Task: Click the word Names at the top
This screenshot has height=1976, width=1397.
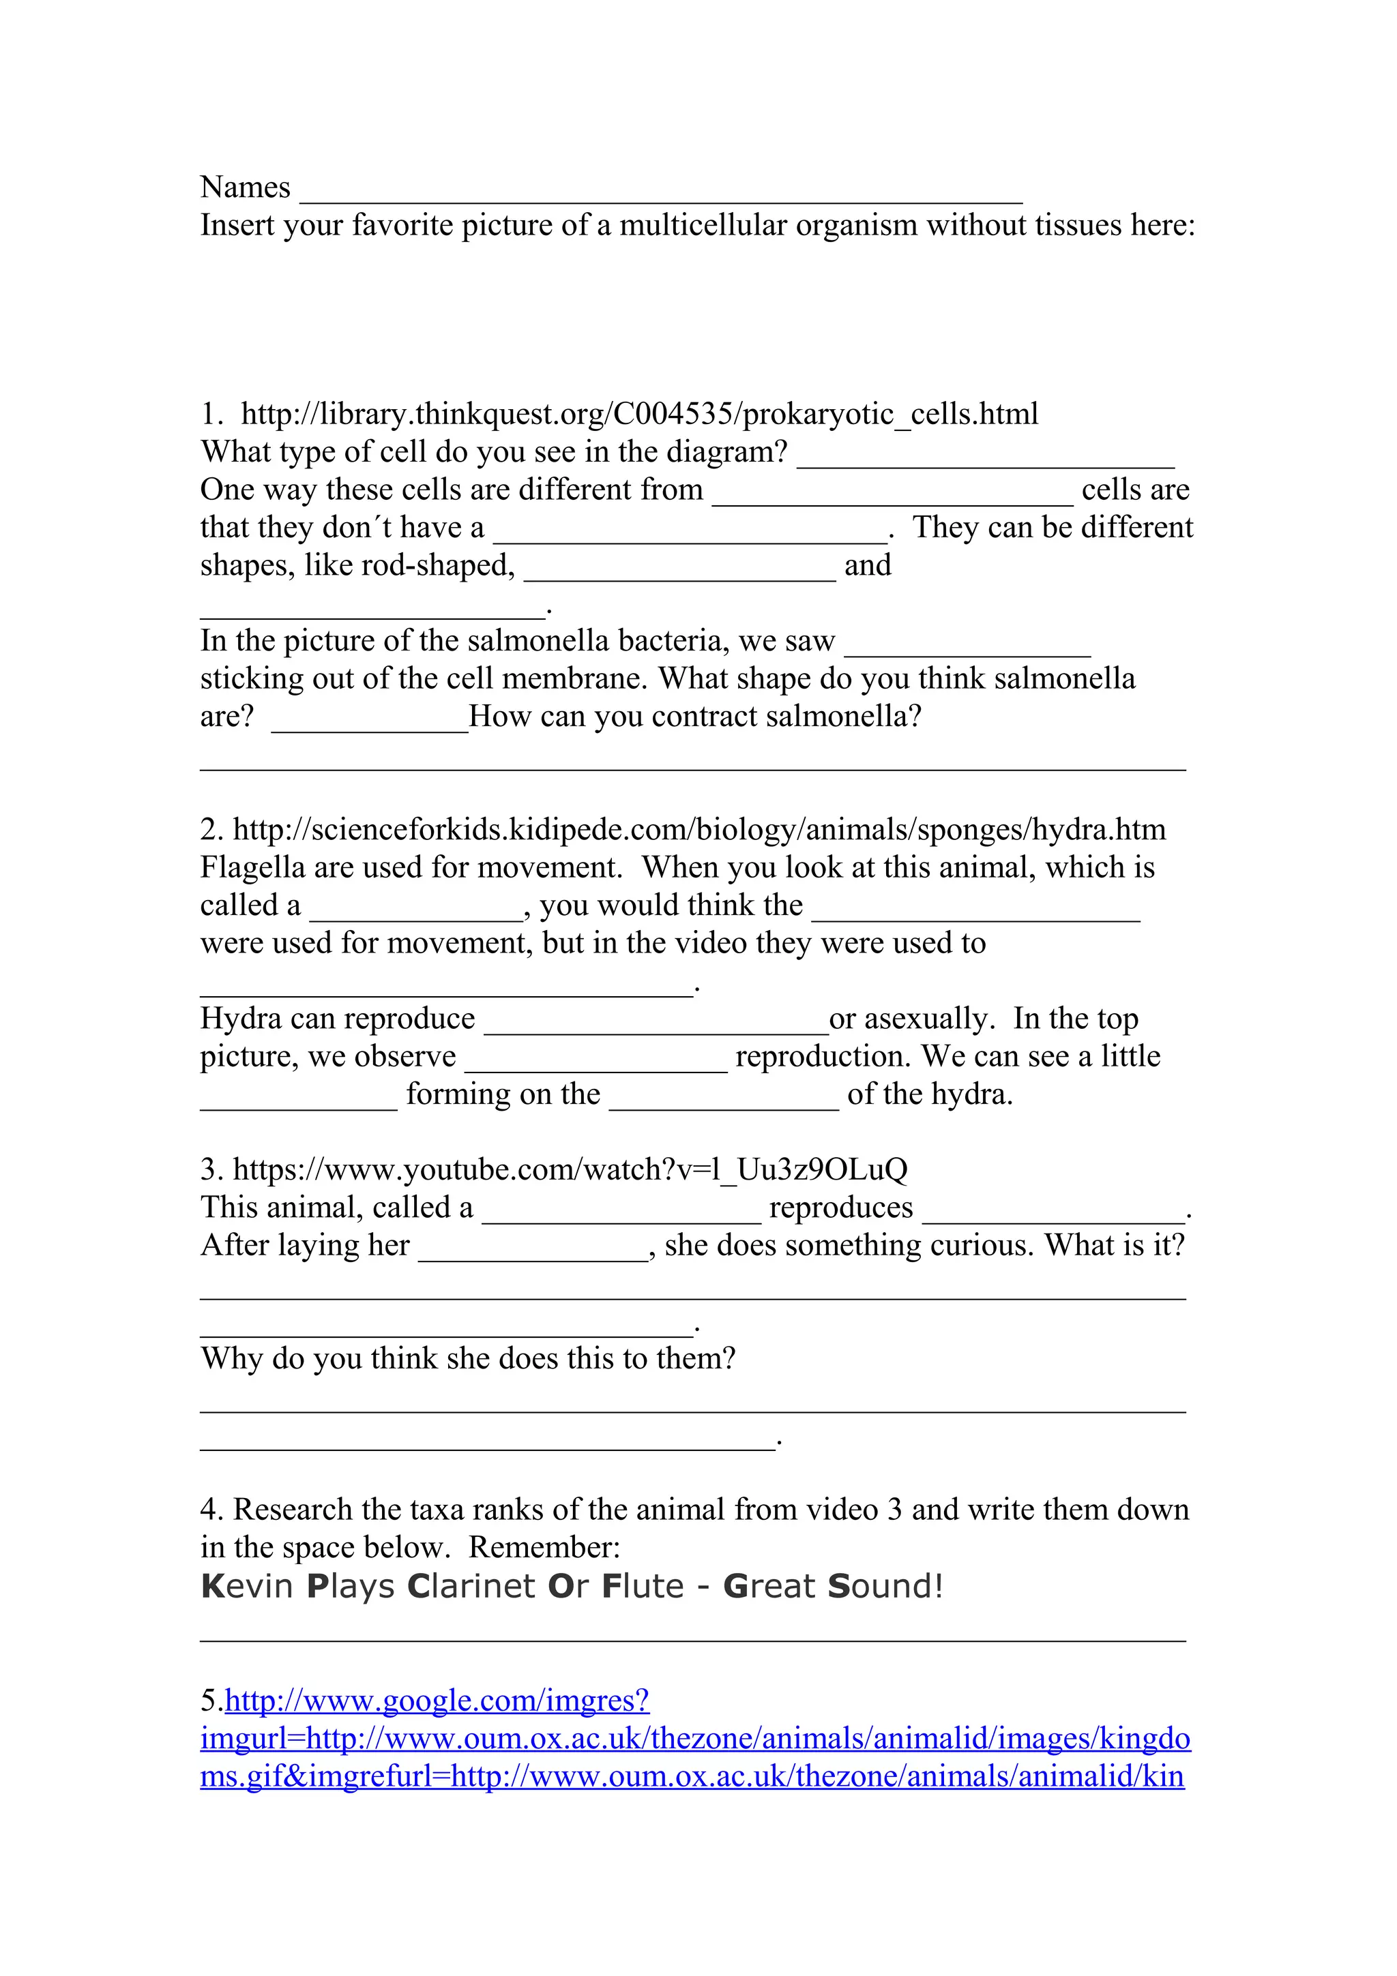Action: pyautogui.click(x=246, y=188)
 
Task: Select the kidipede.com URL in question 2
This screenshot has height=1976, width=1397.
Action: pyautogui.click(x=699, y=830)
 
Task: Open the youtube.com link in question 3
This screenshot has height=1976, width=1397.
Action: pyautogui.click(x=570, y=1169)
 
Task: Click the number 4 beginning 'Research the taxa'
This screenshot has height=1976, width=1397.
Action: pyautogui.click(x=207, y=1510)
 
